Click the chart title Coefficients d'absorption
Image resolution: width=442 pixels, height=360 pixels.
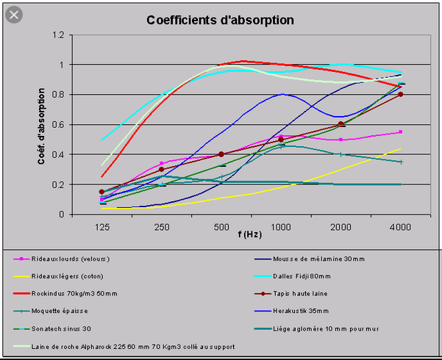tap(221, 19)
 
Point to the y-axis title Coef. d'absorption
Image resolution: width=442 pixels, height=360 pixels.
tap(43, 125)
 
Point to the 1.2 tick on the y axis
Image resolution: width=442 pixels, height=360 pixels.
tap(59, 35)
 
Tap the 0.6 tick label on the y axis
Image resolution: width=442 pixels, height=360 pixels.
tap(59, 125)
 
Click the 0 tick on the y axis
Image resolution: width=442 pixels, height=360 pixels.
tap(63, 215)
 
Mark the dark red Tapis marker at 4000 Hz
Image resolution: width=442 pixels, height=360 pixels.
tap(400, 94)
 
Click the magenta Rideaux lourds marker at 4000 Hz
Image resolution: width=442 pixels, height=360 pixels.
tap(400, 132)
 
